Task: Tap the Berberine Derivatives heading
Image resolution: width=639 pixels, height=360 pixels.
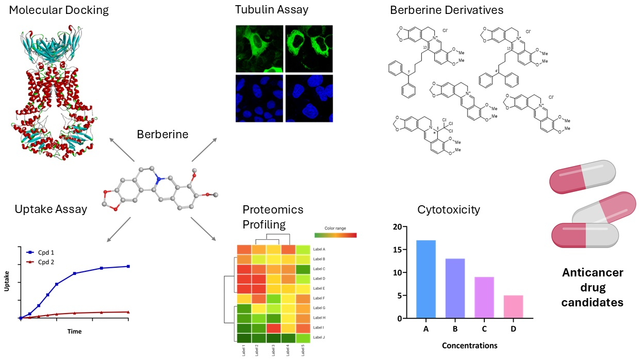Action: pyautogui.click(x=447, y=10)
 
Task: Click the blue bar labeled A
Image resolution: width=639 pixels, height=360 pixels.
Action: pyautogui.click(x=425, y=279)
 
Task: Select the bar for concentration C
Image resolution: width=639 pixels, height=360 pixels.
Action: pyautogui.click(x=483, y=298)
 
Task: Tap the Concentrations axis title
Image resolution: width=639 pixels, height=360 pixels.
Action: pyautogui.click(x=469, y=346)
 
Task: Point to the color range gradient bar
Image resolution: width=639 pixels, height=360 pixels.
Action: pyautogui.click(x=335, y=235)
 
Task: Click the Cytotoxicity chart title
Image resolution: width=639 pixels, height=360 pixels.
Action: pyautogui.click(x=449, y=210)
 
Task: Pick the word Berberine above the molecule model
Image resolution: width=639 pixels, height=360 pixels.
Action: pyautogui.click(x=162, y=135)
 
